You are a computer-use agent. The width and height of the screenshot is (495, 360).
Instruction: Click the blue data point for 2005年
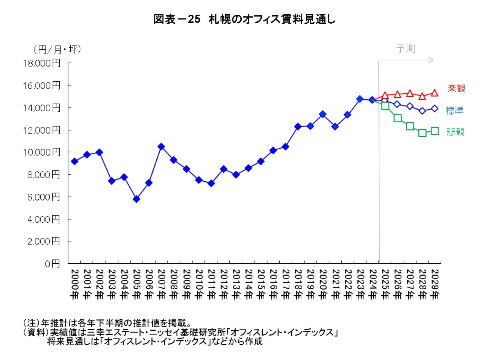(x=136, y=199)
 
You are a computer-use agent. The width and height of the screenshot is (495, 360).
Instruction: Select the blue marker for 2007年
(x=161, y=147)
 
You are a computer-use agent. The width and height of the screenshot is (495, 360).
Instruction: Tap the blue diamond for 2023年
(x=360, y=99)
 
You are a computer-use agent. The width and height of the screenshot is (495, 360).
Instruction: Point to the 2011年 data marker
(x=211, y=183)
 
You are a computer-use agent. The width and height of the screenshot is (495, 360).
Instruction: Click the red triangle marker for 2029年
(x=434, y=93)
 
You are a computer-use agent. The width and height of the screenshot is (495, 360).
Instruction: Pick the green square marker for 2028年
(x=422, y=133)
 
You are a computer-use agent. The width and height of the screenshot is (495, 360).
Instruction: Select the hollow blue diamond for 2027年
(x=410, y=106)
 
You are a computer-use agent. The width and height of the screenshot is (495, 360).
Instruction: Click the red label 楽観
(x=456, y=88)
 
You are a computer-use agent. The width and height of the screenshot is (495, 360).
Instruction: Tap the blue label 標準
(x=455, y=111)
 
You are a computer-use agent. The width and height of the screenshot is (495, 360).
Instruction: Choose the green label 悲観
(x=455, y=132)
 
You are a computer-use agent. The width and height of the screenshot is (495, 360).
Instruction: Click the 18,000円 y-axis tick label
(x=41, y=63)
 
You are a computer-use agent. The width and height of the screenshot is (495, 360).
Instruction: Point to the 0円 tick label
(x=52, y=264)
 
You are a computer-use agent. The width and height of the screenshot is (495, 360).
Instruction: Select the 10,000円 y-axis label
(x=41, y=152)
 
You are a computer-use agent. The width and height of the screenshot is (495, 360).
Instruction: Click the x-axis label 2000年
(x=74, y=284)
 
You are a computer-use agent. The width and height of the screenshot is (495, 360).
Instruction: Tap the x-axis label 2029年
(x=434, y=284)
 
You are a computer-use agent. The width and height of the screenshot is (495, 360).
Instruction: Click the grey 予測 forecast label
(x=406, y=49)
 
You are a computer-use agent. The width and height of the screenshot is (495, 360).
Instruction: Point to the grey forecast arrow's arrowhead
(x=432, y=60)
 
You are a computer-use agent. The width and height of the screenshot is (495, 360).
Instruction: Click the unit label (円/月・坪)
(x=57, y=49)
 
